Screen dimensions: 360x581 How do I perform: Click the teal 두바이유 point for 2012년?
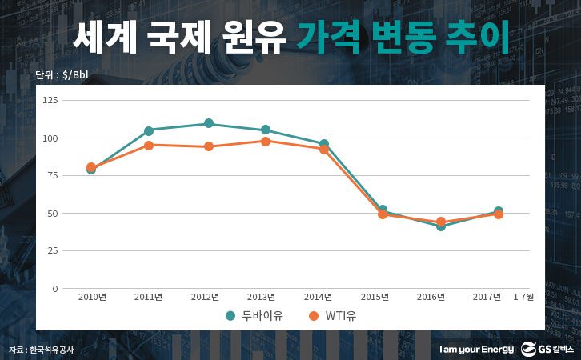[208, 123]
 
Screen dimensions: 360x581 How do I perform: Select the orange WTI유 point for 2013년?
[266, 141]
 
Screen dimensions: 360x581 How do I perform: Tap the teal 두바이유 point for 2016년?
[441, 226]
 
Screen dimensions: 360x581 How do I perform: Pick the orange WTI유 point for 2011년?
[149, 145]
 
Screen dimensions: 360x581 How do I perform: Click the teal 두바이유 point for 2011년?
[149, 130]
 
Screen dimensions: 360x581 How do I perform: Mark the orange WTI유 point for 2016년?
[441, 222]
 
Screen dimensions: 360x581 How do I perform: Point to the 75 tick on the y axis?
[52, 175]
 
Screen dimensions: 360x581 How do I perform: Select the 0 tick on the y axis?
[54, 288]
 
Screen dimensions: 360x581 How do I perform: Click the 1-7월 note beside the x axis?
[525, 298]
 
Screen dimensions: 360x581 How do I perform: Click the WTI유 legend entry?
[331, 316]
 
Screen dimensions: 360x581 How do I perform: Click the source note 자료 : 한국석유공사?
[40, 350]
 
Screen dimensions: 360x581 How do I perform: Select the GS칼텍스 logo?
[547, 349]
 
